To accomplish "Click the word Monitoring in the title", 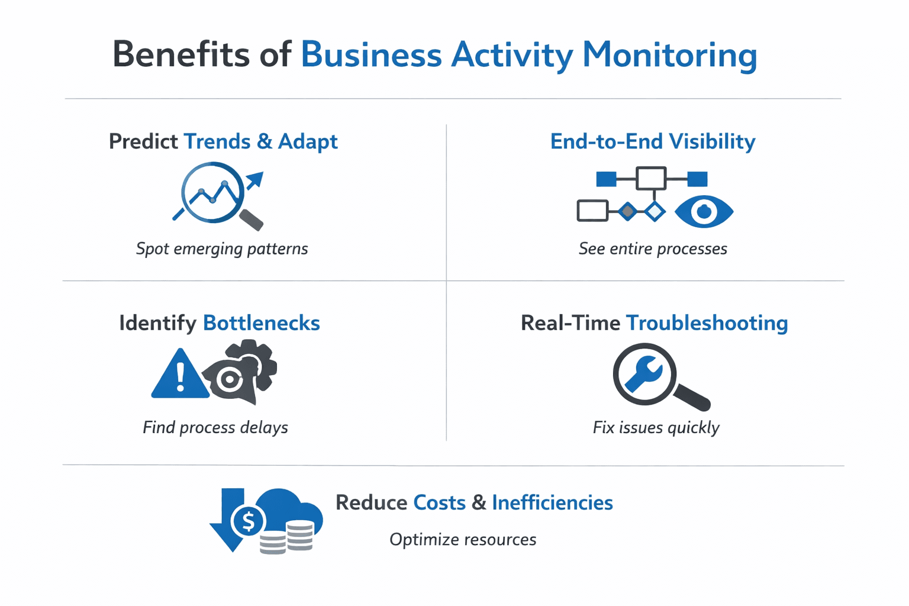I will point(669,55).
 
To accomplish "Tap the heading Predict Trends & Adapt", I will point(223,141).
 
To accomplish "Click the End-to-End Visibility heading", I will point(652,141).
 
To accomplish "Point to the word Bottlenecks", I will point(261,323).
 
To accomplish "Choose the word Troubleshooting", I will point(707,323).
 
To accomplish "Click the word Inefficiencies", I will point(552,502).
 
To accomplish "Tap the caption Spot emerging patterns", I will point(222,249).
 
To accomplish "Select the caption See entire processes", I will point(653,249).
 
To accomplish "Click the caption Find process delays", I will point(215,427).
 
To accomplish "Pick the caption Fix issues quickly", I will point(656,427).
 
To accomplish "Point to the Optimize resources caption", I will point(463,540).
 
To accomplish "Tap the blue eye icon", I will point(704,211).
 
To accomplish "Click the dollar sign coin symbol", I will point(249,521).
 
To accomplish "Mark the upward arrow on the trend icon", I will point(255,179).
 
